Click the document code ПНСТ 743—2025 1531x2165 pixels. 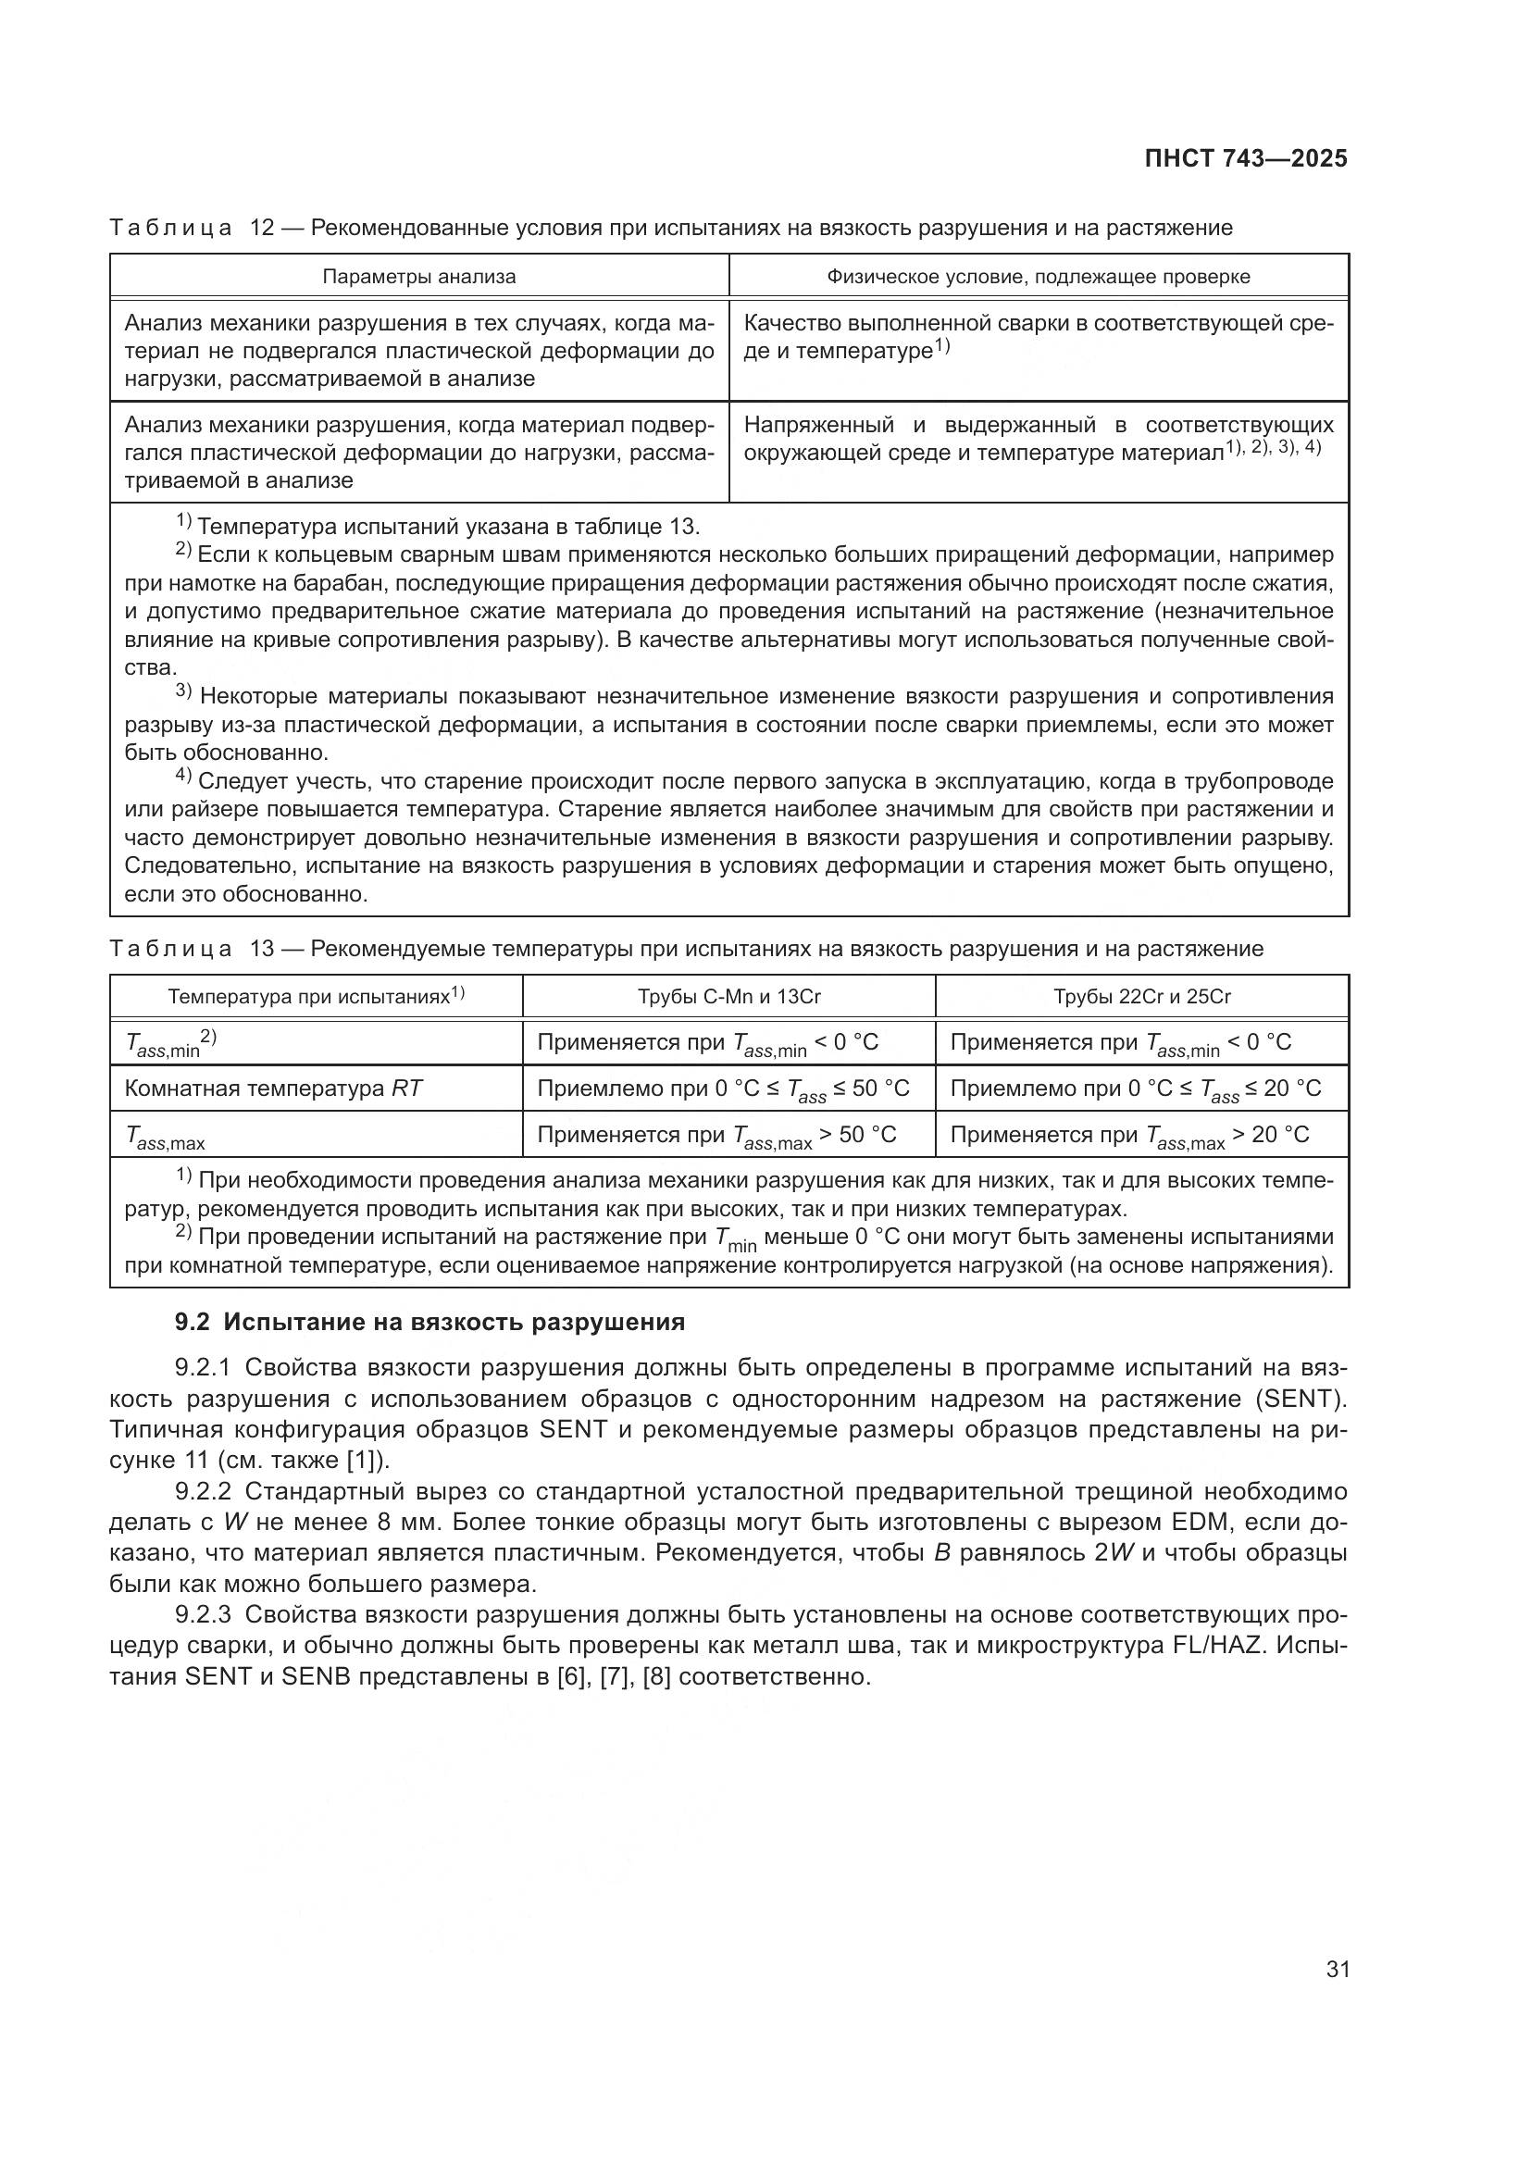(x=1245, y=158)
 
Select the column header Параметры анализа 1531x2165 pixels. (x=418, y=276)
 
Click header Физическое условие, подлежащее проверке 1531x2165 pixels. (x=1038, y=276)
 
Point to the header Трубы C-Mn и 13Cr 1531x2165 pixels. (x=728, y=997)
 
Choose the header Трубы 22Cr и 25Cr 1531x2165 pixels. (x=1141, y=997)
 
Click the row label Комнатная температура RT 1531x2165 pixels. (x=273, y=1089)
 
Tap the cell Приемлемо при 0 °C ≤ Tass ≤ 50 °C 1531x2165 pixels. (x=723, y=1089)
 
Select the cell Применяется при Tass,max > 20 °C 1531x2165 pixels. (x=1129, y=1136)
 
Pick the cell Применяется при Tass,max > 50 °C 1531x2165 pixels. (x=716, y=1136)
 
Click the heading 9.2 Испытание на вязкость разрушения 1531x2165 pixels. (x=429, y=1322)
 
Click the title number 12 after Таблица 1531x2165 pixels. (x=261, y=229)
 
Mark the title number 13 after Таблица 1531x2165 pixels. (x=261, y=949)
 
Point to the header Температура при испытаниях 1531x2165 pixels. (x=316, y=997)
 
